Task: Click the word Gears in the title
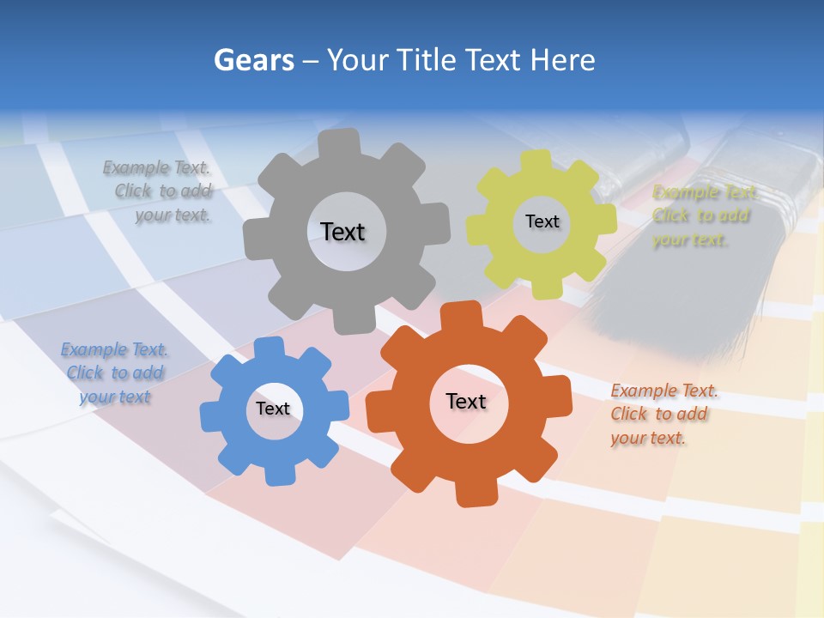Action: [x=254, y=60]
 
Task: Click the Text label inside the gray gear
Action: [x=342, y=232]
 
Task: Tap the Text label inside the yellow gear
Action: [x=542, y=221]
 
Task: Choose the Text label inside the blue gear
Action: [x=273, y=409]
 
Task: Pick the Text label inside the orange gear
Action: [x=466, y=401]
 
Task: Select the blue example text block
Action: [x=114, y=373]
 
